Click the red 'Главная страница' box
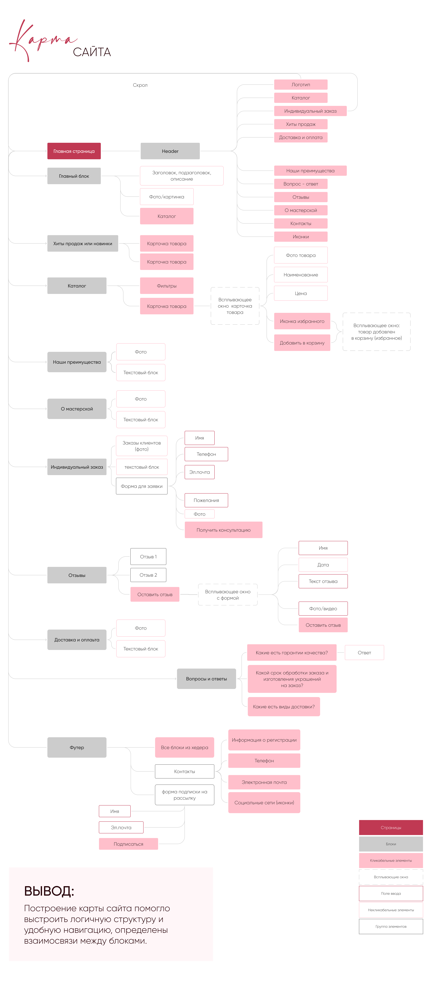click(74, 151)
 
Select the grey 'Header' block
click(170, 151)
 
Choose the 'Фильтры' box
click(167, 286)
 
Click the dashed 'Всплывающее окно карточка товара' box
click(235, 306)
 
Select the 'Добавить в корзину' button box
click(302, 343)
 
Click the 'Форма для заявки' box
click(141, 486)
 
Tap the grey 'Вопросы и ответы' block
click(206, 679)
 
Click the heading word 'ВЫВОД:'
click(49, 891)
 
